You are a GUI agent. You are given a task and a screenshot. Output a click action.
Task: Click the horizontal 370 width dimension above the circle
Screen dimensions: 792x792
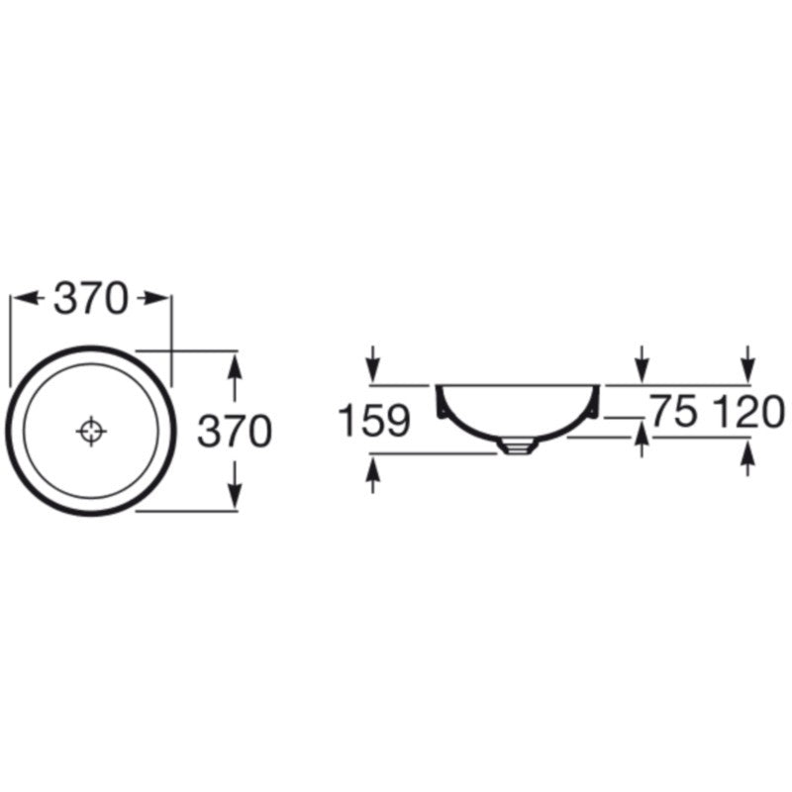pos(90,299)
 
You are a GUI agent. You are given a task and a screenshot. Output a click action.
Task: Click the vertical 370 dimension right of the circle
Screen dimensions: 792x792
pos(235,431)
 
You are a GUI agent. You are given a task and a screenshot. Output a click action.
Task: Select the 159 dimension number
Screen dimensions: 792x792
pos(374,420)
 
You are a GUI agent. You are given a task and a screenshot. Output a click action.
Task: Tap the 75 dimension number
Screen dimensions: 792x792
pos(674,411)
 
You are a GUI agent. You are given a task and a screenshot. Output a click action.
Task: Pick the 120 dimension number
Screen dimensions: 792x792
pos(748,411)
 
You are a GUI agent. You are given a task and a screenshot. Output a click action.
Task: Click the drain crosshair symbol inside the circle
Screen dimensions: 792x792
pos(91,432)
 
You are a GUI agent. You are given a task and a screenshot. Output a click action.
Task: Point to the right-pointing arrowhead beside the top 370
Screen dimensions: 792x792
pos(154,299)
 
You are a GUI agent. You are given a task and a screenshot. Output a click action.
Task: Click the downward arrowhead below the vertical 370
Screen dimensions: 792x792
pos(235,496)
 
